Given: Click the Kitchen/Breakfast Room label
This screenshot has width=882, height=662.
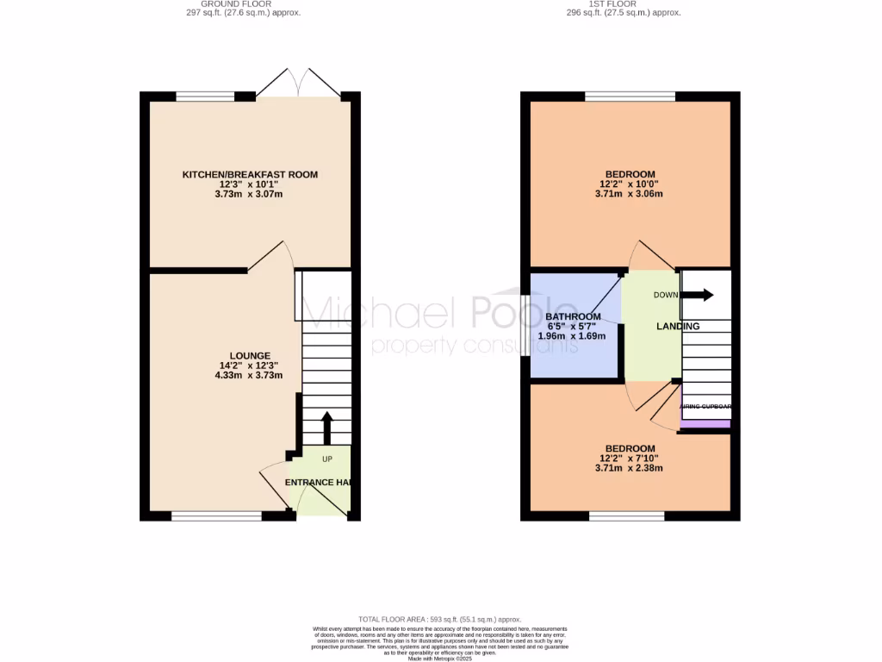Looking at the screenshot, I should (x=250, y=175).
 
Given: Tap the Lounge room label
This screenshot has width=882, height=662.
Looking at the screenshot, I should (x=250, y=356).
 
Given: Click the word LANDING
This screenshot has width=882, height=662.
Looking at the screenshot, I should (x=678, y=327).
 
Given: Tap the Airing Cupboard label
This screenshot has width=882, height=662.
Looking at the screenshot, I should (x=705, y=407).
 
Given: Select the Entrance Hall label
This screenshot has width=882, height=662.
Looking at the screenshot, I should (x=321, y=483).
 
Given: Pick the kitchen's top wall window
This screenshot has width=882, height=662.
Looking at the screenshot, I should (x=205, y=96).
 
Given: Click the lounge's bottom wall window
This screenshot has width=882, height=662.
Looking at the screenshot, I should (x=216, y=516).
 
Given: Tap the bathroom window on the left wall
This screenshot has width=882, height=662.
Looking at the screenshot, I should (x=525, y=328).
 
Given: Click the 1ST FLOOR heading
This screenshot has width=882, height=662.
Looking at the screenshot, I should (x=623, y=3).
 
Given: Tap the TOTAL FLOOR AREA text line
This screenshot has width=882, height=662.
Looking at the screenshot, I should (x=440, y=619).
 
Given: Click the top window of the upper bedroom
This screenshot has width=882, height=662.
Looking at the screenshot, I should (x=630, y=96).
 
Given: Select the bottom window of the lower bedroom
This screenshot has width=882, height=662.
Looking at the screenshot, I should (x=626, y=516).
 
